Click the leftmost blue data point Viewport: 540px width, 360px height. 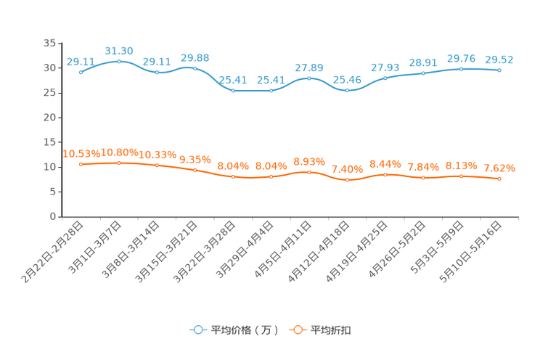coord(81,72)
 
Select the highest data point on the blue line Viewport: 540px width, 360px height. coord(118,61)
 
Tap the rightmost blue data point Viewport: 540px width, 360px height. coord(499,70)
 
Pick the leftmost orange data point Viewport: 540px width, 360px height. coord(81,164)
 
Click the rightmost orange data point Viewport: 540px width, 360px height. coord(499,179)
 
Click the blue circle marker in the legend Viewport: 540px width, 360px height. coord(197,330)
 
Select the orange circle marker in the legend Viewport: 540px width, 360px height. coord(297,330)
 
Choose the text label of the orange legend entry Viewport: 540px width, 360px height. coord(331,330)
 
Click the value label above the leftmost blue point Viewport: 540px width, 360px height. coord(80,62)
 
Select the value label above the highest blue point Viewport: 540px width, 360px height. coord(118,50)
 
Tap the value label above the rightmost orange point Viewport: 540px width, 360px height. coord(499,168)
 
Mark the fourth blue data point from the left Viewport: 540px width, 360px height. coord(195,67)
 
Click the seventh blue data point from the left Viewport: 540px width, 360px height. coord(309,78)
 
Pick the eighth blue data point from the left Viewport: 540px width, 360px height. coord(348,90)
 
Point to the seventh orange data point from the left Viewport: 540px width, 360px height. coord(309,172)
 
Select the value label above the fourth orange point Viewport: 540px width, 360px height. coord(195,159)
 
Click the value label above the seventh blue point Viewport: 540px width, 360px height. coord(308,67)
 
